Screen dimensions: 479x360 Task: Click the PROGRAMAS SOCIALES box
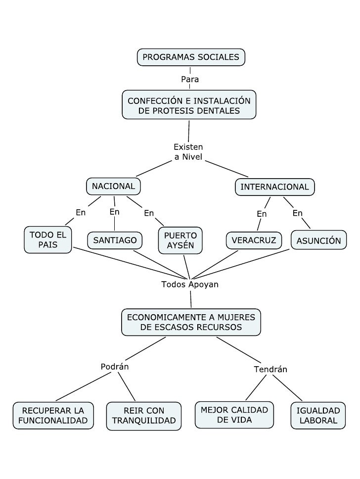pos(191,57)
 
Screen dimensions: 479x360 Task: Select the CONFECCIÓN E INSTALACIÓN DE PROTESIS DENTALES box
pos(189,105)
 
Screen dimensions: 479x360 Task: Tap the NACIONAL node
pos(113,187)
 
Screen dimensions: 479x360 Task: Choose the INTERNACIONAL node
pos(274,187)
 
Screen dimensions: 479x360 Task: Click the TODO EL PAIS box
pos(48,239)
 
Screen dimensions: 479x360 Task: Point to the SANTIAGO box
pos(115,240)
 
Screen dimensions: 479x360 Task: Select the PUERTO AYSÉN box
pos(180,240)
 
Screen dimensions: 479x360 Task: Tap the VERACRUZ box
pos(254,240)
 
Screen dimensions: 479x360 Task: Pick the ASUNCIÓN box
pos(318,240)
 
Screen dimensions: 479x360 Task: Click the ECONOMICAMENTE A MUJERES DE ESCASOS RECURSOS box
pos(191,322)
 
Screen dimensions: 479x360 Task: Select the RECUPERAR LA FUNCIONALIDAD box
pos(53,416)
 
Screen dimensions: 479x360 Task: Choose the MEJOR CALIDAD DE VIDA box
pos(234,415)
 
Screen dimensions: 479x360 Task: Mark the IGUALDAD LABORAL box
pos(318,416)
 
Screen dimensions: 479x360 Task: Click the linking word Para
pos(189,79)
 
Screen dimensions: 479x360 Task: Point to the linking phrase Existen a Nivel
pos(188,152)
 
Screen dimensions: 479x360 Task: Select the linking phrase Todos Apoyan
pos(190,285)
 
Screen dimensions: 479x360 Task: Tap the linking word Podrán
pos(115,367)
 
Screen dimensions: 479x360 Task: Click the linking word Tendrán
pos(270,369)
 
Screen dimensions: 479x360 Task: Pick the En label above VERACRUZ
pos(262,214)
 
